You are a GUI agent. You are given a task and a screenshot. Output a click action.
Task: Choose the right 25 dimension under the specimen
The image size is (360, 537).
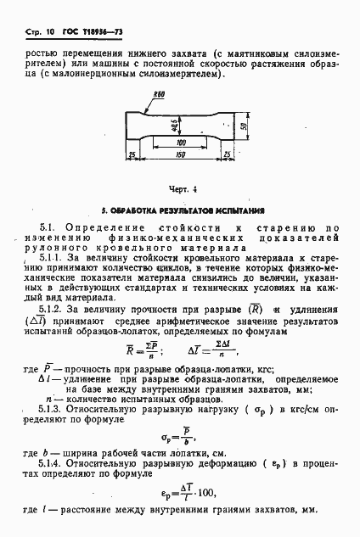[227, 154]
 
